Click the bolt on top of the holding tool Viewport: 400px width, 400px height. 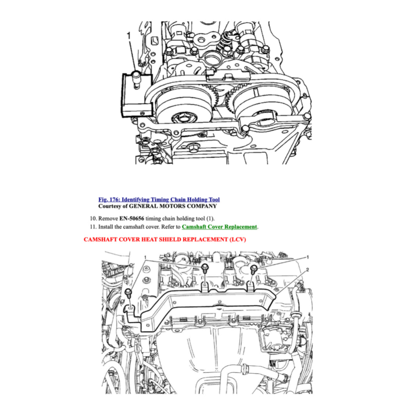tap(136, 74)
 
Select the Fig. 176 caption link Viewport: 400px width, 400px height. tap(159, 200)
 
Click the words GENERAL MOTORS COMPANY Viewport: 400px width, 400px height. tap(173, 206)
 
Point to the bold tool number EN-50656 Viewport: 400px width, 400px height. tap(134, 218)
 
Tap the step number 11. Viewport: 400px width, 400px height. tap(93, 227)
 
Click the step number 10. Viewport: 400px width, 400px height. tap(93, 218)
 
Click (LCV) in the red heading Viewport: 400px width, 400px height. tap(236, 239)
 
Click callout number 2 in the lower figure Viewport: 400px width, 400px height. tap(308, 270)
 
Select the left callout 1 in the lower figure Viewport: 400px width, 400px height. tap(145, 257)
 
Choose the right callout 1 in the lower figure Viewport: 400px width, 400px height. tap(308, 257)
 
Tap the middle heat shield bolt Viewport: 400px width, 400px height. tap(205, 268)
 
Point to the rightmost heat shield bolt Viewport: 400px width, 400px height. tap(254, 268)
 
